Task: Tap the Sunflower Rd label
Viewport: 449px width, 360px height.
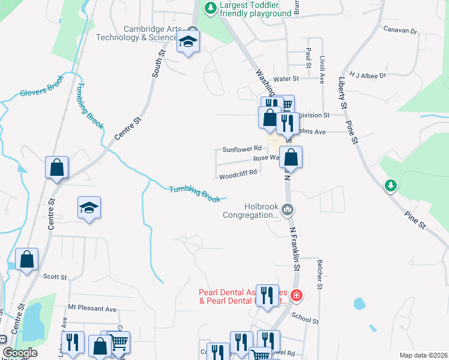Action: click(243, 149)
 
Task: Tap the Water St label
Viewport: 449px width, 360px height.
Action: click(286, 79)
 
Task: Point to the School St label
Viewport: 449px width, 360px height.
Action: click(305, 317)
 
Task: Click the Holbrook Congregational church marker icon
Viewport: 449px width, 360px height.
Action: click(288, 209)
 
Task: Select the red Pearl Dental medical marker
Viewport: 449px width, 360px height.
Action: click(296, 295)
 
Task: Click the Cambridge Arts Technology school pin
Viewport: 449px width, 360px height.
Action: click(188, 43)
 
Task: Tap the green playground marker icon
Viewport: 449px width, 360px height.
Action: click(210, 8)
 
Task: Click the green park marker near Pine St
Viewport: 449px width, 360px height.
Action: click(391, 185)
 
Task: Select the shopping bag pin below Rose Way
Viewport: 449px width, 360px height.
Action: click(291, 158)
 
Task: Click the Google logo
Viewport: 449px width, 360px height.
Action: click(20, 353)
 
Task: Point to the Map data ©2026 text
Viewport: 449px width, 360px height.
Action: click(423, 355)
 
